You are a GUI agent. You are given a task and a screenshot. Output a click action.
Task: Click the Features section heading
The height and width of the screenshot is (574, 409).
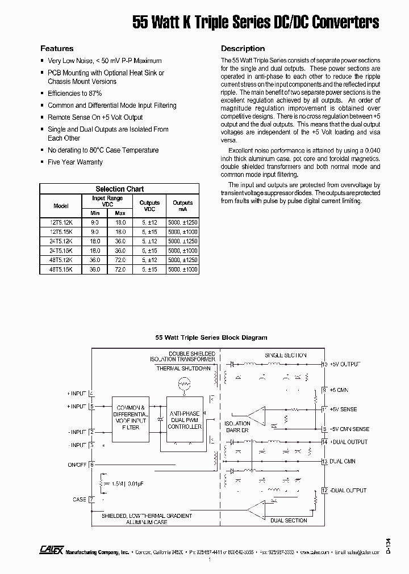pyautogui.click(x=56, y=49)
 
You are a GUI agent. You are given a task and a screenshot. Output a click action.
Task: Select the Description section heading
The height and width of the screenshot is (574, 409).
pyautogui.click(x=243, y=49)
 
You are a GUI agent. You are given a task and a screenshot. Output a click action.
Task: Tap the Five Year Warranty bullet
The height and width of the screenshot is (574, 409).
pyautogui.click(x=75, y=162)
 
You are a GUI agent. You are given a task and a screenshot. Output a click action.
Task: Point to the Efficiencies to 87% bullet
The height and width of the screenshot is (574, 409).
pyautogui.click(x=74, y=94)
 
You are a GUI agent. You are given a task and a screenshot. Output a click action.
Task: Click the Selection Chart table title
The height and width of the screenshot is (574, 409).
pyautogui.click(x=119, y=189)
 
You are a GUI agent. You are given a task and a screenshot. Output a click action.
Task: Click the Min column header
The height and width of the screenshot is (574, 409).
pyautogui.click(x=95, y=213)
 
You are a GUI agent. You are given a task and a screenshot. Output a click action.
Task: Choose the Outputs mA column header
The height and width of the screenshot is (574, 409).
pyautogui.click(x=182, y=205)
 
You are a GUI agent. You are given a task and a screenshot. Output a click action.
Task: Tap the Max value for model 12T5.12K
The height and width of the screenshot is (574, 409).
pyautogui.click(x=120, y=222)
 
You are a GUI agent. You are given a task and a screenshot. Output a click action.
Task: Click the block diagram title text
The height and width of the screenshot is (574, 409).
pyautogui.click(x=211, y=337)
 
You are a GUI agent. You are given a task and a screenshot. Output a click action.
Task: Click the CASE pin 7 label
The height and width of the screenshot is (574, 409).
pyautogui.click(x=80, y=500)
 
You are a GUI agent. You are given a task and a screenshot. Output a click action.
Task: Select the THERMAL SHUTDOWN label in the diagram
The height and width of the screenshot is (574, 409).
pyautogui.click(x=183, y=369)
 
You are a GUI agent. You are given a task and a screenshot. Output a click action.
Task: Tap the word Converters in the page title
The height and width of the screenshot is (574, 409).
pyautogui.click(x=347, y=22)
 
